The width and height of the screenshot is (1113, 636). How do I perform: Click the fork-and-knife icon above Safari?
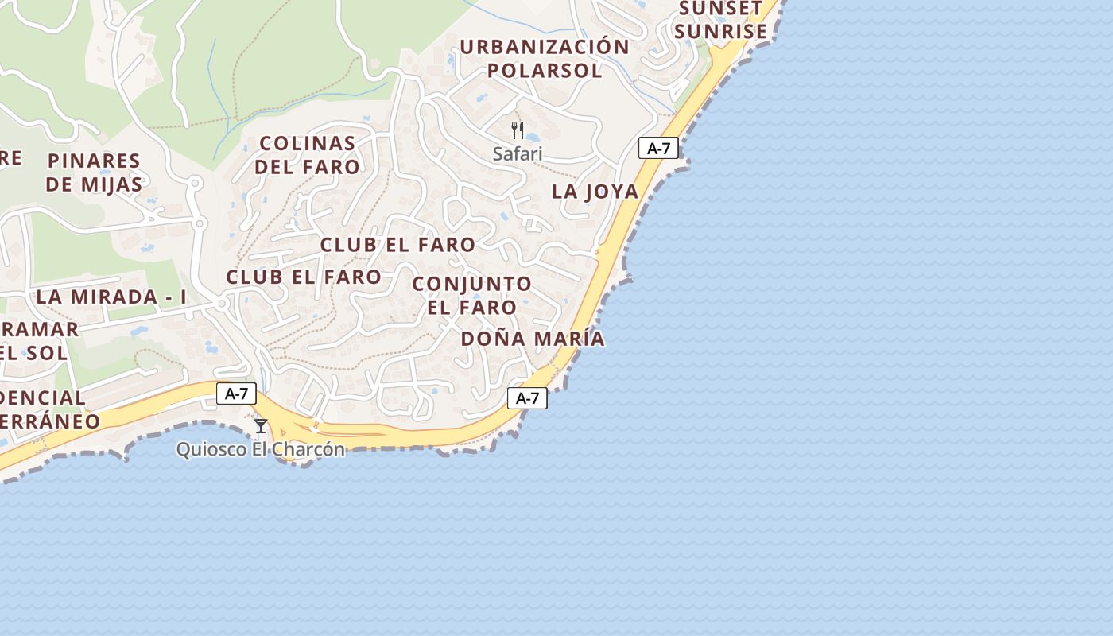pos(518,130)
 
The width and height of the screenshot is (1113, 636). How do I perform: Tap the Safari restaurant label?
pos(518,153)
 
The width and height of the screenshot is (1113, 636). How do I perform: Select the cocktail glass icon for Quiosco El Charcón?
pos(261,426)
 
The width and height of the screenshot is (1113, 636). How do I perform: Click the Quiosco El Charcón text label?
pos(261,449)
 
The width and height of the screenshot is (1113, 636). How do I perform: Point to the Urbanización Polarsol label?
pos(545,58)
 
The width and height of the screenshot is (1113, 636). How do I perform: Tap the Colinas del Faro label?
pos(308,155)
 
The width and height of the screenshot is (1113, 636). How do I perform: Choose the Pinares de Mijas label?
pos(94,173)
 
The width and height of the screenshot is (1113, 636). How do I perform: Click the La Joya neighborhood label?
pos(595,192)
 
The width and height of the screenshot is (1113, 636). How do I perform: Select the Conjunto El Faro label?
pos(472,295)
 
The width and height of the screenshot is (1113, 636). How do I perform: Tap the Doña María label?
pos(533,339)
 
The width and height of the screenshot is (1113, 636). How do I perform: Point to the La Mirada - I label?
pos(111,297)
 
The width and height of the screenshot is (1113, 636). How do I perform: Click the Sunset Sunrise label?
pos(723,20)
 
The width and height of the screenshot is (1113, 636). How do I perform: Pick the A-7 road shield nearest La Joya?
pos(658,148)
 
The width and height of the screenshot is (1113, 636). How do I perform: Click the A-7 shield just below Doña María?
pos(528,398)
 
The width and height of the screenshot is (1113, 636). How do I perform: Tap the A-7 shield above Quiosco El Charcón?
pos(236,393)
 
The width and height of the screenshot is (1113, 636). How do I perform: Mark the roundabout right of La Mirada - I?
pos(222,303)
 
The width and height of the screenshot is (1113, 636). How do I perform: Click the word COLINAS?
pos(308,144)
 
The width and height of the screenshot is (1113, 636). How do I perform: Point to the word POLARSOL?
pos(545,70)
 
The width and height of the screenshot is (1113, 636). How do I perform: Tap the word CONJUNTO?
pos(472,284)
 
